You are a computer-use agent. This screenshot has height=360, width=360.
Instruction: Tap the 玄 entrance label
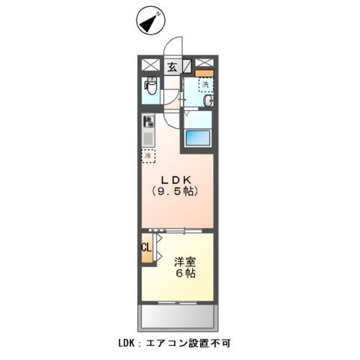(x=172, y=66)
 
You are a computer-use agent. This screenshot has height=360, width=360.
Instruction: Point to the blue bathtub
(x=199, y=139)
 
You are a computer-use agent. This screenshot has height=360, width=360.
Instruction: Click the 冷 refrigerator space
(x=148, y=156)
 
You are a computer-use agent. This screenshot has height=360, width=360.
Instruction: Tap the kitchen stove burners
(x=148, y=121)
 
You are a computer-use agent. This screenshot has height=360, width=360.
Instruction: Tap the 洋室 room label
(x=185, y=262)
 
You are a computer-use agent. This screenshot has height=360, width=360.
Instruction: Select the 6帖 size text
(x=186, y=275)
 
